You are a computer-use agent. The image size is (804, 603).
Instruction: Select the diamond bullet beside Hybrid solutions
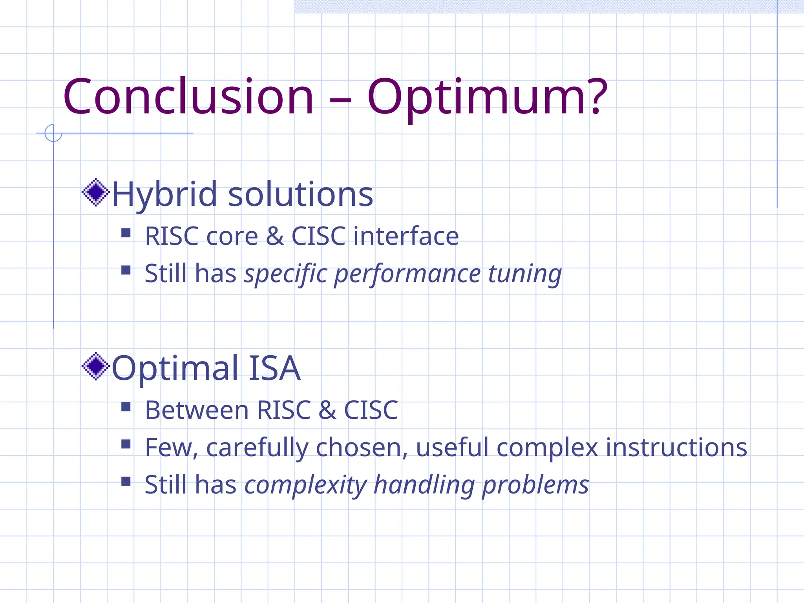[x=95, y=192]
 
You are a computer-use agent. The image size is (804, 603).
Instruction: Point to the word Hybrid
[x=164, y=194]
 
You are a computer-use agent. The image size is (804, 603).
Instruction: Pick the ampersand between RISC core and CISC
[x=274, y=236]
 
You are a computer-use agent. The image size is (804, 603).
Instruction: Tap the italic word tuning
[x=524, y=274]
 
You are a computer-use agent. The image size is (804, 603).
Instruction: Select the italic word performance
[x=407, y=274]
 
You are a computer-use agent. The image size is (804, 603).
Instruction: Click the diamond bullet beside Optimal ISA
[x=95, y=366]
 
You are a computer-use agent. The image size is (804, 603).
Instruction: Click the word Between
[x=196, y=410]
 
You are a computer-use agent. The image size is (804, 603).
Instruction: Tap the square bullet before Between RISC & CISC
[x=126, y=407]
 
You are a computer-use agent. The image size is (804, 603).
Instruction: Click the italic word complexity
[x=305, y=485]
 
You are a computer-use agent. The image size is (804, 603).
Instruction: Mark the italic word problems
[x=535, y=485]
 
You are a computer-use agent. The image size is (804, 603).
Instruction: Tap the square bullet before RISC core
[x=126, y=233]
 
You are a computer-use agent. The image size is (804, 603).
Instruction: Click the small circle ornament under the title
[x=53, y=133]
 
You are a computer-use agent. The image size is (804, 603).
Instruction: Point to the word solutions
[x=300, y=194]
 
